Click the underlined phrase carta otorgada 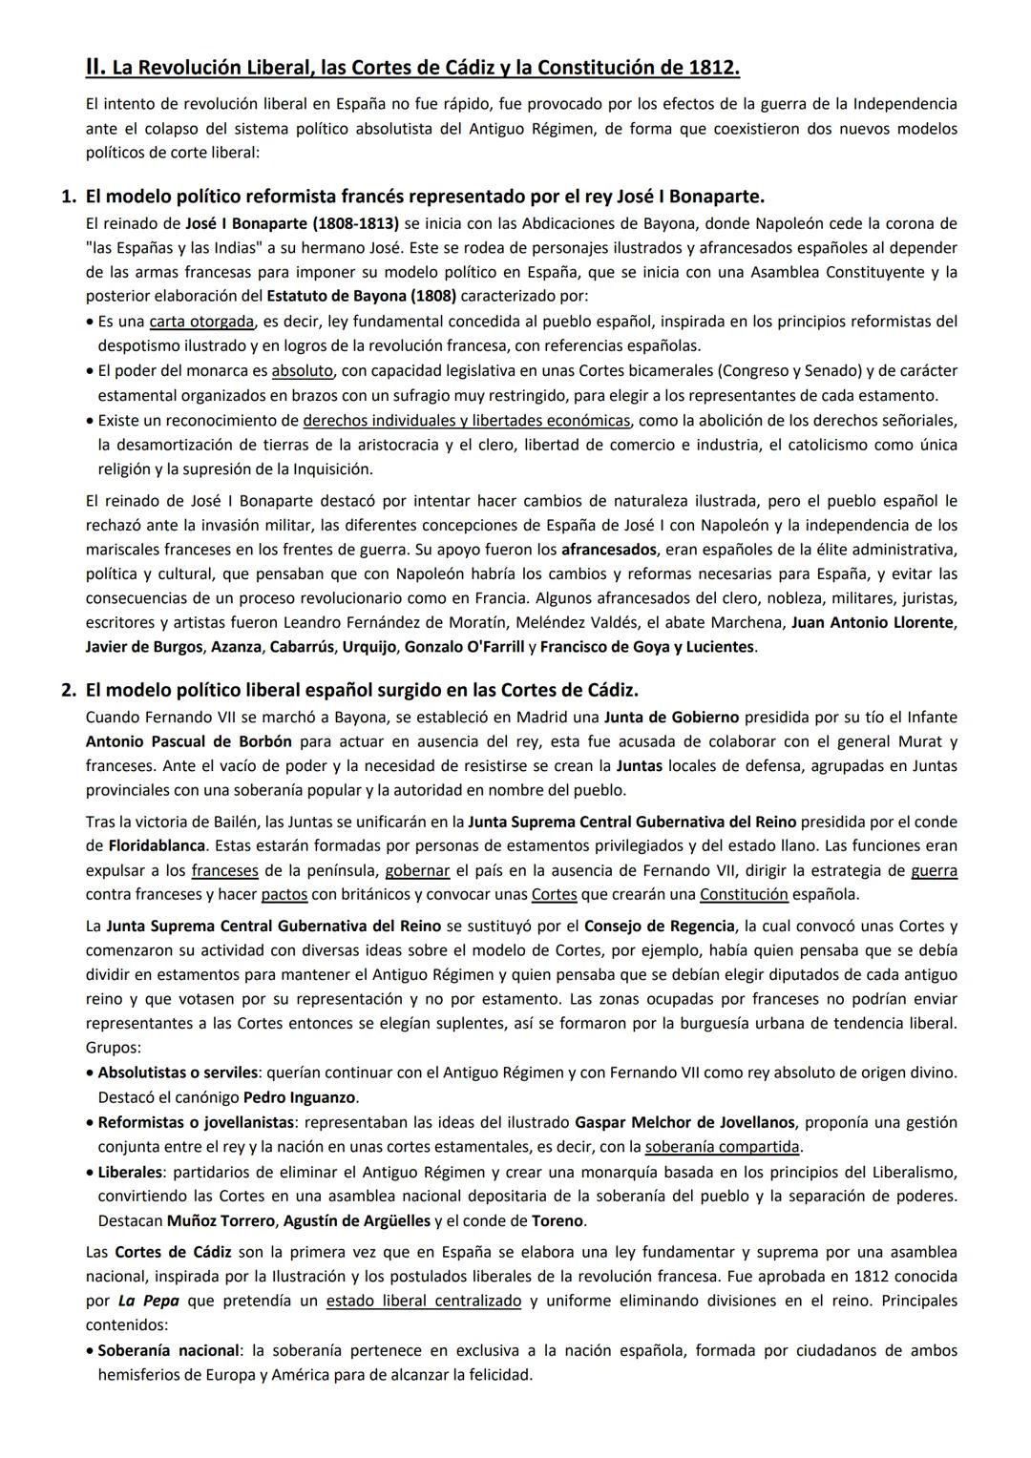tap(201, 322)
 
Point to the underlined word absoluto tap(302, 370)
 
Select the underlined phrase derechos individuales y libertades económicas tap(466, 420)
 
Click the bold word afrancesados tap(608, 550)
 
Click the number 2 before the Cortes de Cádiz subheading tap(68, 690)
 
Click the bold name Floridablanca tap(157, 845)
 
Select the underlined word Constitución tap(744, 894)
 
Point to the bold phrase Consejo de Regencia tap(659, 926)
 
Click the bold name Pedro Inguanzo tap(301, 1097)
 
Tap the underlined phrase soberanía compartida tap(723, 1147)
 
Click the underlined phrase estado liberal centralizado tap(423, 1301)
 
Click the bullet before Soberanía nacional tap(91, 1351)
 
